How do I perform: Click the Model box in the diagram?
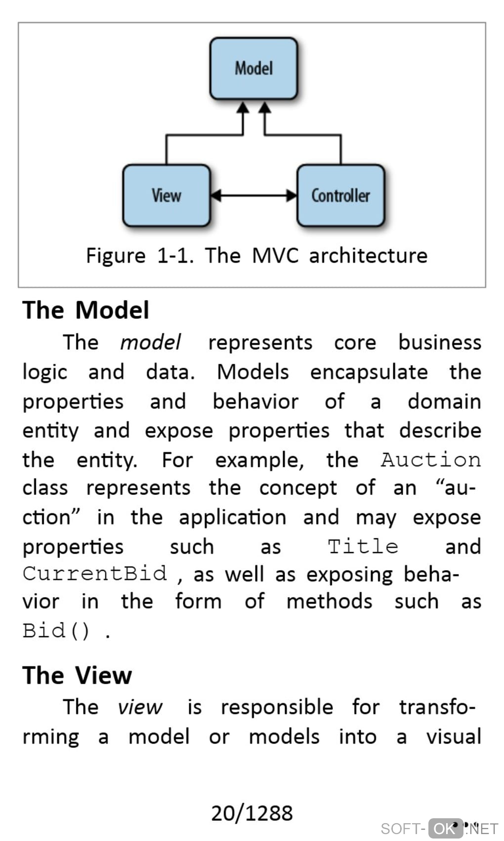point(253,68)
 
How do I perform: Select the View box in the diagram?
point(167,195)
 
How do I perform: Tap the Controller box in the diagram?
point(340,195)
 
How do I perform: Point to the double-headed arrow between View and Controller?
point(253,195)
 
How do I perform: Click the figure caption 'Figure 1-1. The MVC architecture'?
point(256,256)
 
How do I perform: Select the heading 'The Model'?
point(85,310)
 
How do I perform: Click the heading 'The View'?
point(77,675)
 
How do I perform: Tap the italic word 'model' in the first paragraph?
point(150,342)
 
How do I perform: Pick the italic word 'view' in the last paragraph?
point(140,707)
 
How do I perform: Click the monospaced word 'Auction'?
point(430,460)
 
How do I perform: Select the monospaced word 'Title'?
point(363,547)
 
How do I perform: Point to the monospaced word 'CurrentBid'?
point(95,573)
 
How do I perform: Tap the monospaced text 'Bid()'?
point(57,631)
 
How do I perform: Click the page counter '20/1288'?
point(252,813)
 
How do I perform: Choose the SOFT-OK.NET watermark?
point(439,828)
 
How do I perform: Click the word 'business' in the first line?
point(440,342)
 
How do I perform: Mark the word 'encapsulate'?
point(369,372)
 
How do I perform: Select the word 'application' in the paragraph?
point(232,517)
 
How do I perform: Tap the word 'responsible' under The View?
point(277,707)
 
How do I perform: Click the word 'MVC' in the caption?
point(275,256)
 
